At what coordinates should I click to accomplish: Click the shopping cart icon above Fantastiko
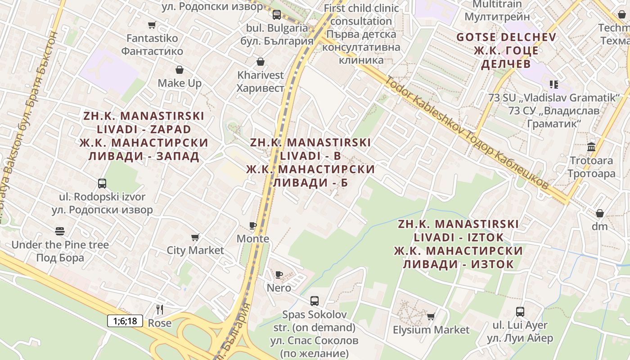coord(152,25)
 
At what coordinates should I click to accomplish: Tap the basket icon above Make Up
coord(180,70)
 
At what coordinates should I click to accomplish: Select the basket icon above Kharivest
coord(260,61)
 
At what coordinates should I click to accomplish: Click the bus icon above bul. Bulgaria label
coord(277,14)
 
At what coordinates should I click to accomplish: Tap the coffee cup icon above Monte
coord(253,225)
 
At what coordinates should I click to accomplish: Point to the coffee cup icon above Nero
coord(279,274)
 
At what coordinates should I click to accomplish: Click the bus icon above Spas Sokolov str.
coord(315,301)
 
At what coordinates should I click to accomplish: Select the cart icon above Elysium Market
coord(431,316)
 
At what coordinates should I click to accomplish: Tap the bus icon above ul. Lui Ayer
coord(520,311)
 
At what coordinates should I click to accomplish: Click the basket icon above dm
coord(600,213)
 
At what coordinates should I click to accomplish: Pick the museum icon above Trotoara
coord(591,147)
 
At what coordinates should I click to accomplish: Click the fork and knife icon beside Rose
coord(159,309)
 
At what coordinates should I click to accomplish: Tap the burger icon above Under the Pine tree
coord(60,231)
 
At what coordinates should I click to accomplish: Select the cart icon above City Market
coord(195,237)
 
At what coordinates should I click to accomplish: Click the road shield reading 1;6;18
coord(125,321)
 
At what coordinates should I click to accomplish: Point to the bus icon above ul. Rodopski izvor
coord(102,183)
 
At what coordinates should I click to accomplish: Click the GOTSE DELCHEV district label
coord(506,37)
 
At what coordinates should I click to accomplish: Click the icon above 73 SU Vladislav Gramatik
coord(553,84)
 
